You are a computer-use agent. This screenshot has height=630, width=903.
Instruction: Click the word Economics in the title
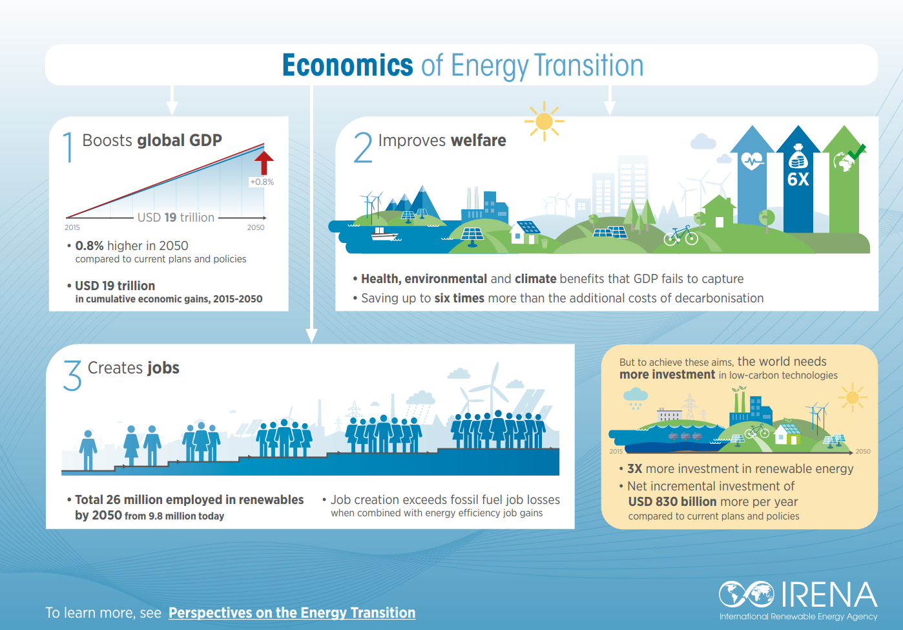click(348, 66)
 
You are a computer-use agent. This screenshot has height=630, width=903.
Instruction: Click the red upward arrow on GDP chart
click(264, 162)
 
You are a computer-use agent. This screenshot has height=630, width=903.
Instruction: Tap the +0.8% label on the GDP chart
click(262, 182)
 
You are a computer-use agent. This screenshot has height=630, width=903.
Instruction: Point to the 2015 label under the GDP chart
click(72, 227)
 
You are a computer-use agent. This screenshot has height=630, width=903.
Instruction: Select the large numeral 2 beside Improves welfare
click(363, 148)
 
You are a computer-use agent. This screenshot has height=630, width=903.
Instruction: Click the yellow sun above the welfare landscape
click(544, 121)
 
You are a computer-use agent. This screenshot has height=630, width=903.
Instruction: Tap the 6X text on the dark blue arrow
click(798, 180)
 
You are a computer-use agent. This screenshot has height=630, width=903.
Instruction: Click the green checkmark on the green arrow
click(856, 152)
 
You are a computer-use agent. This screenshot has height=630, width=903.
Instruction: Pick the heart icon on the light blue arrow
click(752, 161)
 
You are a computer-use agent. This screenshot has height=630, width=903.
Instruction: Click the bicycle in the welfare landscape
click(681, 236)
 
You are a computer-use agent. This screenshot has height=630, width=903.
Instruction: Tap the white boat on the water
click(384, 234)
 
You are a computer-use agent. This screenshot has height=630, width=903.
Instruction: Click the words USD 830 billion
click(672, 502)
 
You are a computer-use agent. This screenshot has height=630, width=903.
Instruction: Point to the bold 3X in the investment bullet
click(634, 469)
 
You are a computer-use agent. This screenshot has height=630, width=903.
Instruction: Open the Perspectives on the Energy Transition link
click(292, 613)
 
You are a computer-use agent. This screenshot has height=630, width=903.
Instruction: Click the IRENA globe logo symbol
click(747, 594)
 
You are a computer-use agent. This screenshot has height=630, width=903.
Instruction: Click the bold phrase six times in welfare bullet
click(459, 299)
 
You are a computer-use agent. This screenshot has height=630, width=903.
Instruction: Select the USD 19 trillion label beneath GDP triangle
click(176, 218)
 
